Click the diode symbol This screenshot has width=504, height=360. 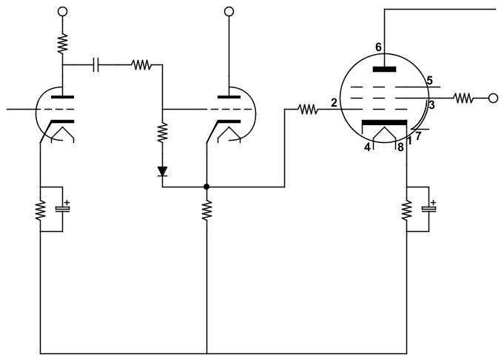tap(162, 171)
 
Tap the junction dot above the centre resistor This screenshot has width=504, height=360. tap(206, 187)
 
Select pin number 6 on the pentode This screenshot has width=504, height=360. tap(378, 47)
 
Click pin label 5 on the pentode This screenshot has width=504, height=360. tap(430, 80)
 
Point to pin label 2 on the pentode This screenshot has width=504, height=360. tap(334, 103)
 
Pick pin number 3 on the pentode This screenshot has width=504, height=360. tap(431, 105)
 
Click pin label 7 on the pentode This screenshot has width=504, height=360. tap(418, 136)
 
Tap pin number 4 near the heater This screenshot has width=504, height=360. tap(367, 147)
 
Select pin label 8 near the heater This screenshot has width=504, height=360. tap(400, 147)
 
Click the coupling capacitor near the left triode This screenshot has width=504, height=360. tap(95, 64)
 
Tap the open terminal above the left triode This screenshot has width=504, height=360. tap(62, 12)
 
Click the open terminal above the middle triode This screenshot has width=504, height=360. tap(229, 12)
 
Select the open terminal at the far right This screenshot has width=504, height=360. tap(493, 98)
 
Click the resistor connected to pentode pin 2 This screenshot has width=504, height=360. tap(308, 110)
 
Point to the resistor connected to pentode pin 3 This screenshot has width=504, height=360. tap(463, 98)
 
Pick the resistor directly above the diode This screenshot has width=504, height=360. tap(162, 132)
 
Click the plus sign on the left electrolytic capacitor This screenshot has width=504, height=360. tap(67, 203)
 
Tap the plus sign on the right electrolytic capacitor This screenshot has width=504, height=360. tap(433, 203)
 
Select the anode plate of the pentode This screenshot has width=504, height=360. tap(384, 69)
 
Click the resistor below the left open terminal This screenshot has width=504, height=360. tap(62, 43)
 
